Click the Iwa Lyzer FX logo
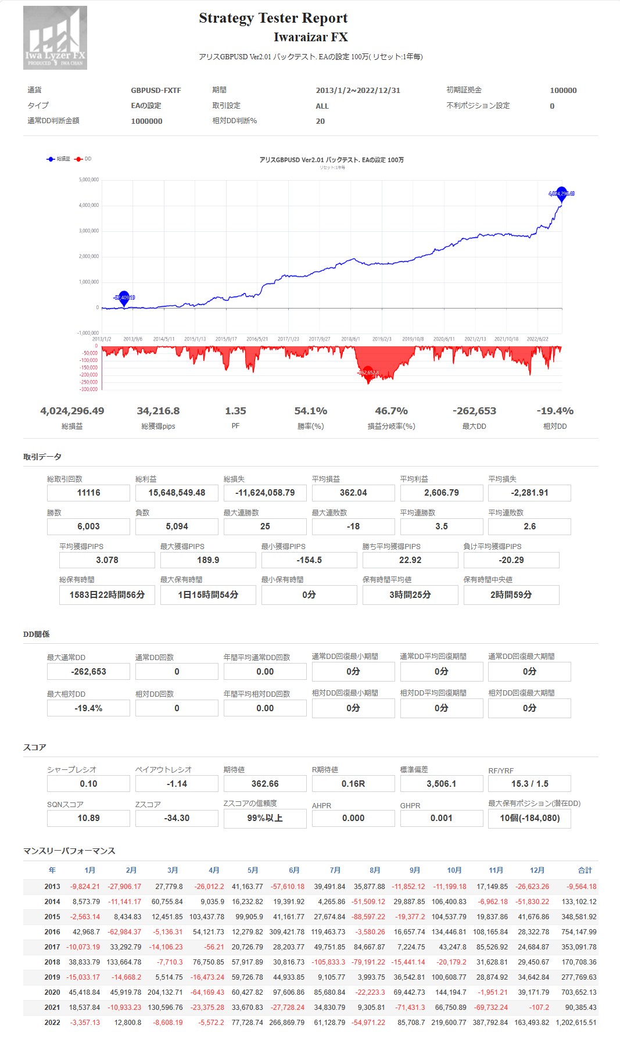(55, 38)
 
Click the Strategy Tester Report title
(273, 18)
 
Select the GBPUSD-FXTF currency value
(156, 91)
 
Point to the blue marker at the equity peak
(561, 193)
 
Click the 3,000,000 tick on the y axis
(89, 231)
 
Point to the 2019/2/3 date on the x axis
(382, 339)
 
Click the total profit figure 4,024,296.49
(72, 411)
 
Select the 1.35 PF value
(235, 411)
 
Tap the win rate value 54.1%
(311, 411)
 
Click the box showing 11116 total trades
(88, 493)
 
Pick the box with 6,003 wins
(88, 526)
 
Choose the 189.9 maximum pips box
(208, 560)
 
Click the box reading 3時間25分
(410, 595)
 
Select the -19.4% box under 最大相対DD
(88, 708)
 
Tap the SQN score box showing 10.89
(88, 818)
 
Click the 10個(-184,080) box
(529, 818)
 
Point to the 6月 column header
(294, 870)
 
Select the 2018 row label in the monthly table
(52, 962)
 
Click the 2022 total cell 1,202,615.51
(576, 1023)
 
